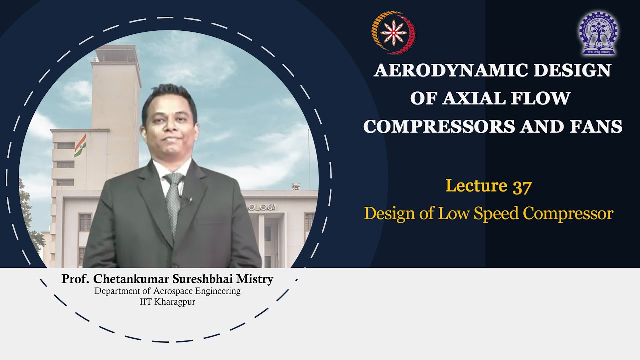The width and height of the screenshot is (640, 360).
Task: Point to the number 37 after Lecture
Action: [522, 186]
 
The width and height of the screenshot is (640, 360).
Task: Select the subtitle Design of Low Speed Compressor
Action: [488, 214]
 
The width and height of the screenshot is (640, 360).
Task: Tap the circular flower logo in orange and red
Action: [394, 33]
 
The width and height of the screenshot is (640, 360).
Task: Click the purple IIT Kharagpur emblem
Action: [598, 33]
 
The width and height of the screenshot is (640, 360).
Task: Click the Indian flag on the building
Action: [80, 145]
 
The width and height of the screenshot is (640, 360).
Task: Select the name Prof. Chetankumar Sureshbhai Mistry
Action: [167, 279]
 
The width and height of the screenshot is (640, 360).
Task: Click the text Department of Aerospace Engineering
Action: [167, 291]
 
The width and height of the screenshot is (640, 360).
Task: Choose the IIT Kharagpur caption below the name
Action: [167, 302]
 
